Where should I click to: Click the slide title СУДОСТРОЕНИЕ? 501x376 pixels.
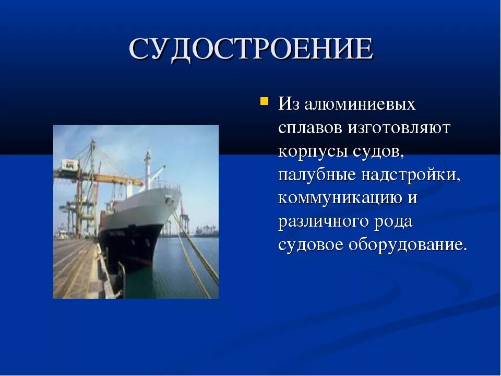pyautogui.click(x=251, y=50)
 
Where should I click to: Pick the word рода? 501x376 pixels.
pyautogui.click(x=393, y=221)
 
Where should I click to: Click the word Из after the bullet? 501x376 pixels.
pyautogui.click(x=288, y=104)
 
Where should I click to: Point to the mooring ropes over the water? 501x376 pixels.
pyautogui.click(x=196, y=251)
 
